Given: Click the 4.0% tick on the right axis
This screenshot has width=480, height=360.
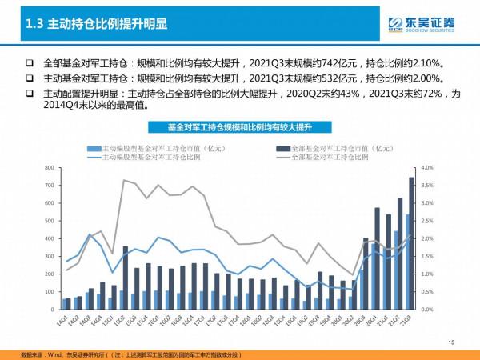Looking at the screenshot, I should click(x=426, y=167).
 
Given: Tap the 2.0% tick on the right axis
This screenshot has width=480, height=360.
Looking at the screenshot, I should click(x=426, y=238).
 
